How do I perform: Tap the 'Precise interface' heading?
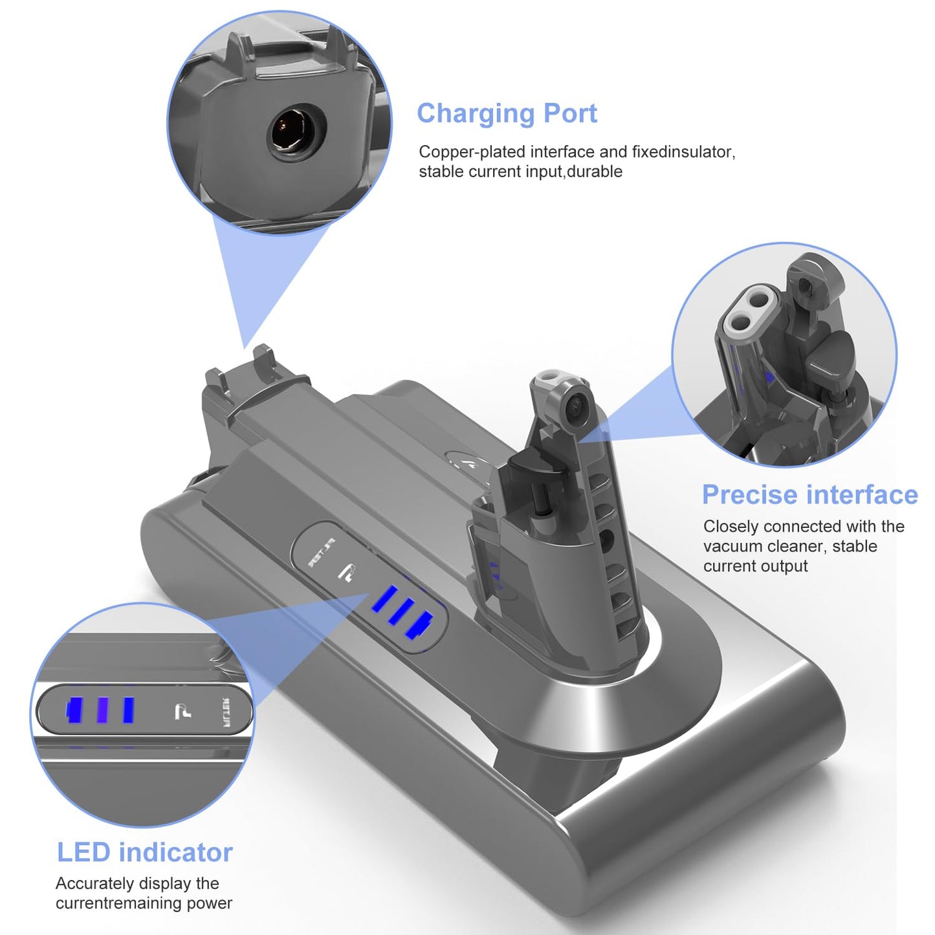click(810, 495)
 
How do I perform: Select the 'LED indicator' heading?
click(144, 853)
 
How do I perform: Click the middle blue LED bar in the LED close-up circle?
click(102, 710)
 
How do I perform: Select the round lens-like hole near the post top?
click(578, 402)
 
